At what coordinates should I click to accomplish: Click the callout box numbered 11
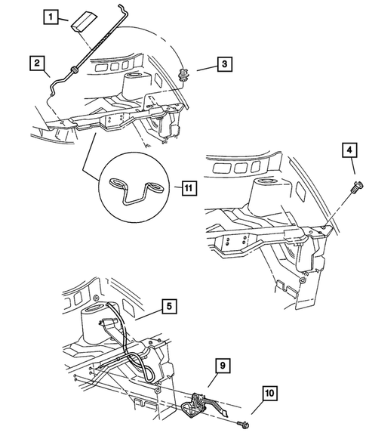click(x=188, y=186)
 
